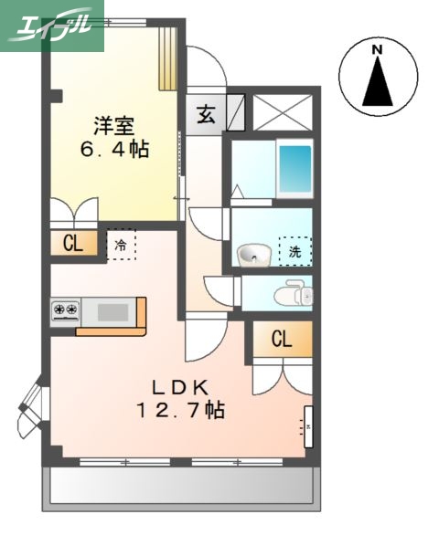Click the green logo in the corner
coord(51,25)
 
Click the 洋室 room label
coord(112,124)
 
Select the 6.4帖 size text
coord(112,148)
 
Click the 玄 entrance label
coord(206,116)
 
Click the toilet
coord(295,294)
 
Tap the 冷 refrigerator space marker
coord(121,246)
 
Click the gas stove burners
coord(66,311)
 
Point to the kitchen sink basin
coord(113,312)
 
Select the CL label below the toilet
coord(282,340)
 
